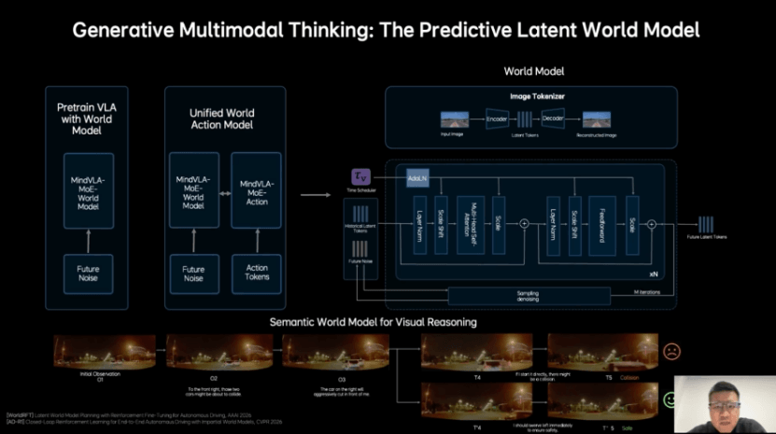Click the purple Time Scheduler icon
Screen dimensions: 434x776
(360, 176)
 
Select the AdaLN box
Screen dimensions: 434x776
(417, 177)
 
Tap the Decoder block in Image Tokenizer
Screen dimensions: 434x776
(553, 119)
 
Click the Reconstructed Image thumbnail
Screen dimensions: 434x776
(597, 119)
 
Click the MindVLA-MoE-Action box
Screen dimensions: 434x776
(256, 191)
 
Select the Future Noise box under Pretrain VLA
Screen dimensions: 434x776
(89, 273)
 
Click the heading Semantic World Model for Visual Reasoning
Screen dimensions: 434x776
(374, 322)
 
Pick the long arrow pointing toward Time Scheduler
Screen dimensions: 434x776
(316, 195)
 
